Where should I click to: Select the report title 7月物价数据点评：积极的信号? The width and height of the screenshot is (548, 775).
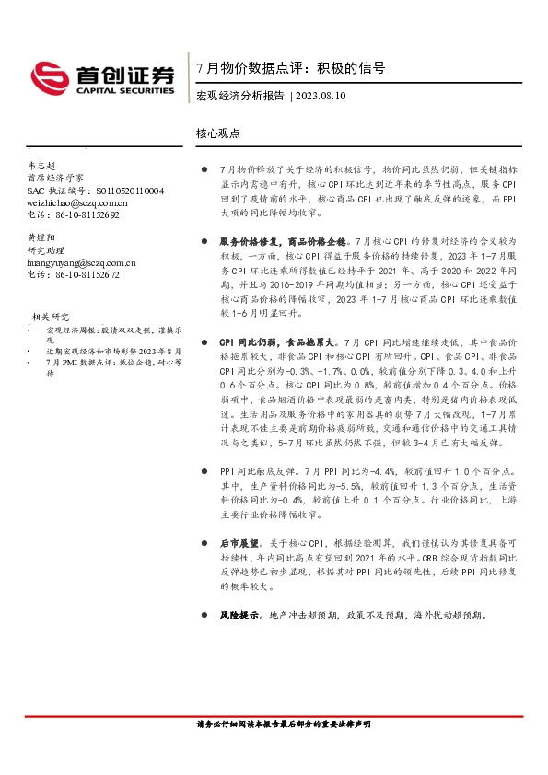click(x=290, y=68)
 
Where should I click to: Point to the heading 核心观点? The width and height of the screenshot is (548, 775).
click(x=218, y=133)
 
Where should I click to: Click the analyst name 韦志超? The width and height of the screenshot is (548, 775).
click(x=42, y=166)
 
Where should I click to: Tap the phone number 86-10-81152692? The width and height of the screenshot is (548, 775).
click(x=83, y=214)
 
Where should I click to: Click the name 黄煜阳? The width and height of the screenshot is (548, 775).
click(x=42, y=237)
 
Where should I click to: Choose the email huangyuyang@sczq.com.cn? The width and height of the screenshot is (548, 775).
click(x=81, y=261)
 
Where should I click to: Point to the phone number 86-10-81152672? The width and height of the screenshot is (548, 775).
click(x=83, y=273)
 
